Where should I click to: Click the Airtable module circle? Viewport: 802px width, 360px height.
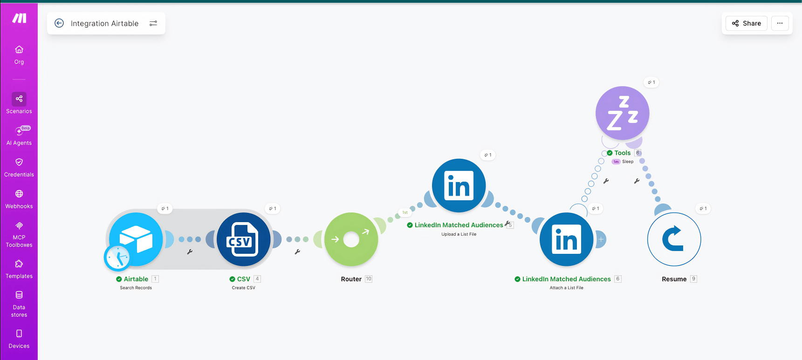point(136,239)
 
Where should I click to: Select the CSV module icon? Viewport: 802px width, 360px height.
point(243,239)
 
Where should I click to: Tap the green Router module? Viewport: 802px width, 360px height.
point(351,239)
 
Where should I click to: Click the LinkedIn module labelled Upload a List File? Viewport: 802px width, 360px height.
point(459,185)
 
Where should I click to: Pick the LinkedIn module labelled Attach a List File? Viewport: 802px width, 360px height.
point(566,239)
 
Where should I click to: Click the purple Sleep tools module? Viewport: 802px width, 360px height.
point(622,113)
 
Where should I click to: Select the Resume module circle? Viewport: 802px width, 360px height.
point(674,239)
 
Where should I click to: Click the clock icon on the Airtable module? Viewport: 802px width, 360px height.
point(117,258)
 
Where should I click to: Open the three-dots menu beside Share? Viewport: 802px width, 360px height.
point(780,23)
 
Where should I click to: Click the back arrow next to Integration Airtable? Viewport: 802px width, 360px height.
point(59,23)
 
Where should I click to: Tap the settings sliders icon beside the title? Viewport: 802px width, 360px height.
point(153,23)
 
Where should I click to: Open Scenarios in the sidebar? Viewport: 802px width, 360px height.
point(19,103)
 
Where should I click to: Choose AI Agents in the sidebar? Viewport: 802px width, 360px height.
point(19,136)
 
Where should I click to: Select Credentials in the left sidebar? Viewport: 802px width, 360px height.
point(19,167)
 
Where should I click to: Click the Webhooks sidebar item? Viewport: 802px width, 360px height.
point(19,199)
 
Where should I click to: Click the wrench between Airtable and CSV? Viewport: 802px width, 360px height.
point(190,252)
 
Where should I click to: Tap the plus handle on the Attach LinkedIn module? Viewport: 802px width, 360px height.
point(601,239)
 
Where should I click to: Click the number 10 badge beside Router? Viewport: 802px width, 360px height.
point(369,279)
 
